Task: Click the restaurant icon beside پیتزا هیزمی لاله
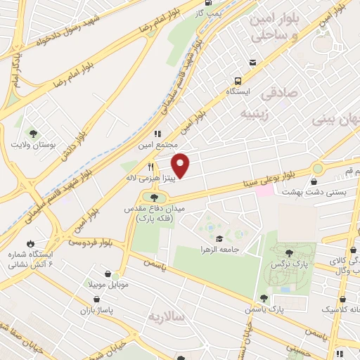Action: (150, 167)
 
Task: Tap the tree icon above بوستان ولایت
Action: (32, 134)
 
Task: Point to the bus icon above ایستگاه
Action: (239, 80)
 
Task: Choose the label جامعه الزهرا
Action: (221, 249)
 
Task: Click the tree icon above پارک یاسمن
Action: (264, 298)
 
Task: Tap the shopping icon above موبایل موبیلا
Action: (107, 275)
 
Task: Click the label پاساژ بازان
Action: (76, 309)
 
